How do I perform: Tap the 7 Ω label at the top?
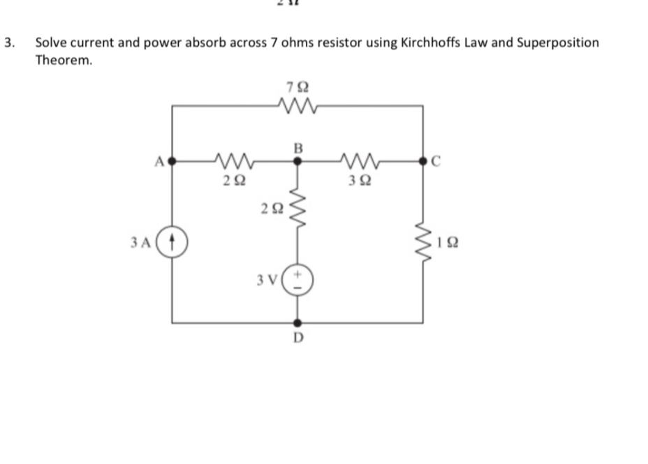click(x=298, y=87)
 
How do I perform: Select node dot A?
click(x=172, y=160)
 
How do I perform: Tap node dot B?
click(x=298, y=160)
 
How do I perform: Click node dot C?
click(x=423, y=160)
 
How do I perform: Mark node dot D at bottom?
click(x=298, y=323)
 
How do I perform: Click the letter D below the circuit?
click(x=298, y=338)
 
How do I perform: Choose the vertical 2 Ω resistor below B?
click(x=298, y=207)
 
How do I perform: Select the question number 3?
click(x=8, y=43)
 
